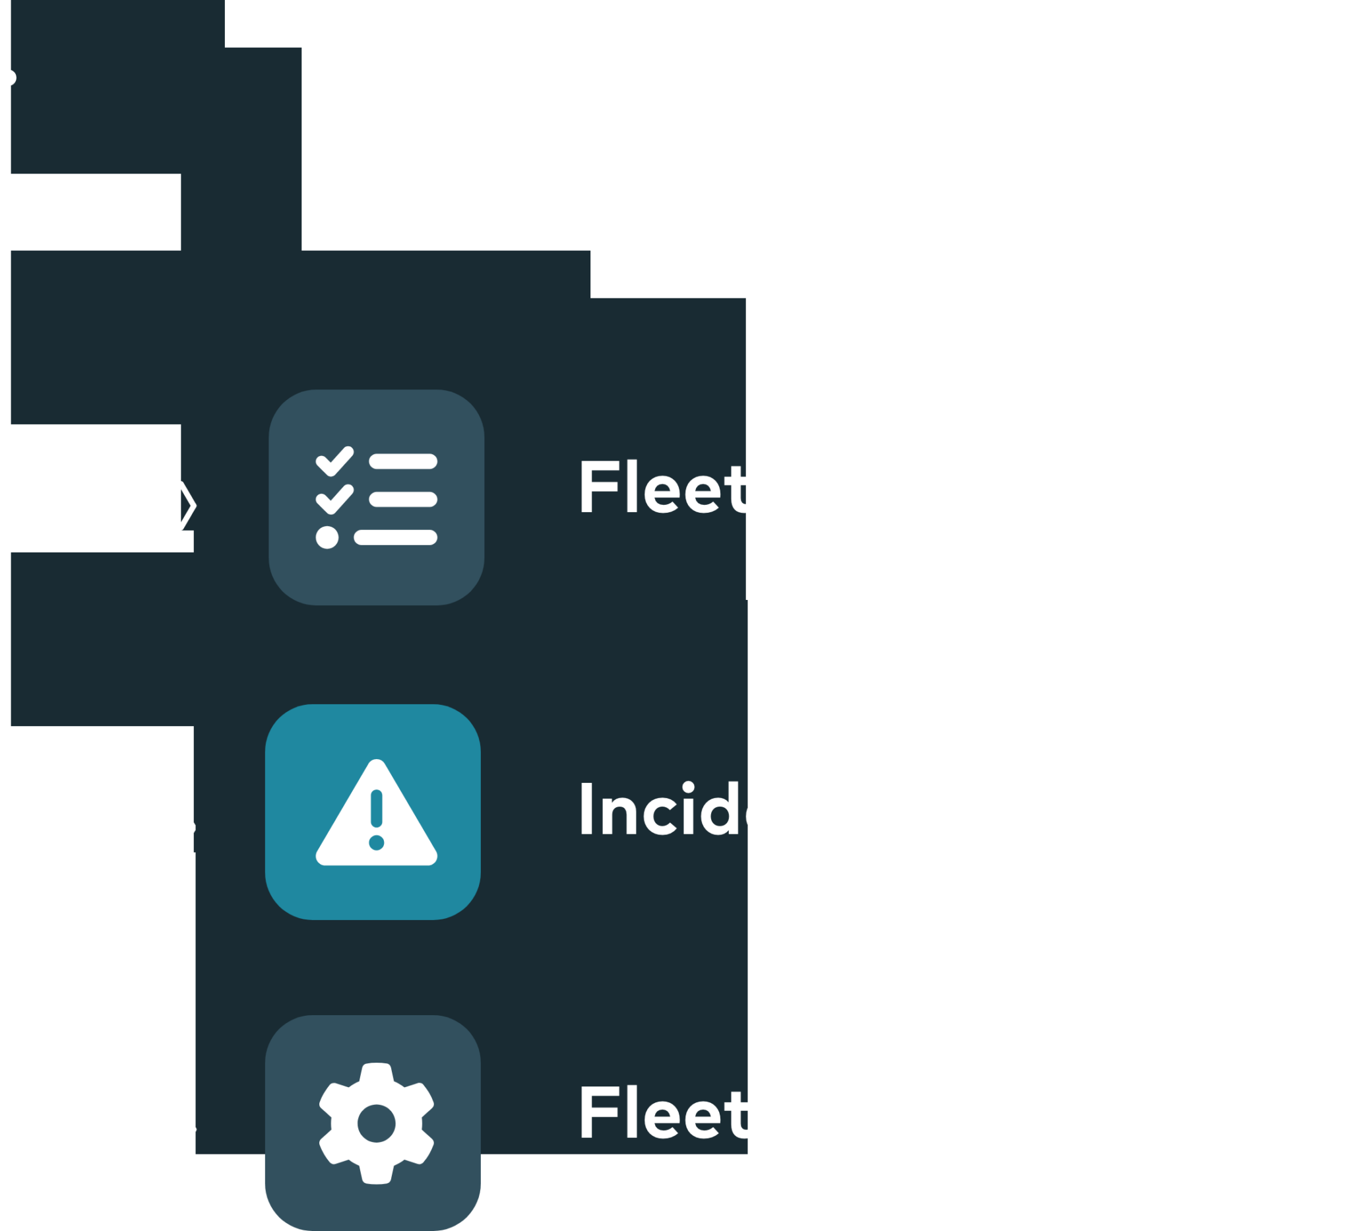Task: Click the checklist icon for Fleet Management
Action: pyautogui.click(x=376, y=497)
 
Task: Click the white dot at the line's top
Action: pyautogui.click(x=8, y=78)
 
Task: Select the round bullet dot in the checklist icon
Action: pyautogui.click(x=327, y=537)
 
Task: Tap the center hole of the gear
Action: pyautogui.click(x=376, y=1123)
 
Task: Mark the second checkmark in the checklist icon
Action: pyautogui.click(x=334, y=500)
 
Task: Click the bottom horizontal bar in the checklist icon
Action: pyautogui.click(x=395, y=537)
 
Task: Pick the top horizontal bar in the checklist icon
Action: pyautogui.click(x=404, y=461)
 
